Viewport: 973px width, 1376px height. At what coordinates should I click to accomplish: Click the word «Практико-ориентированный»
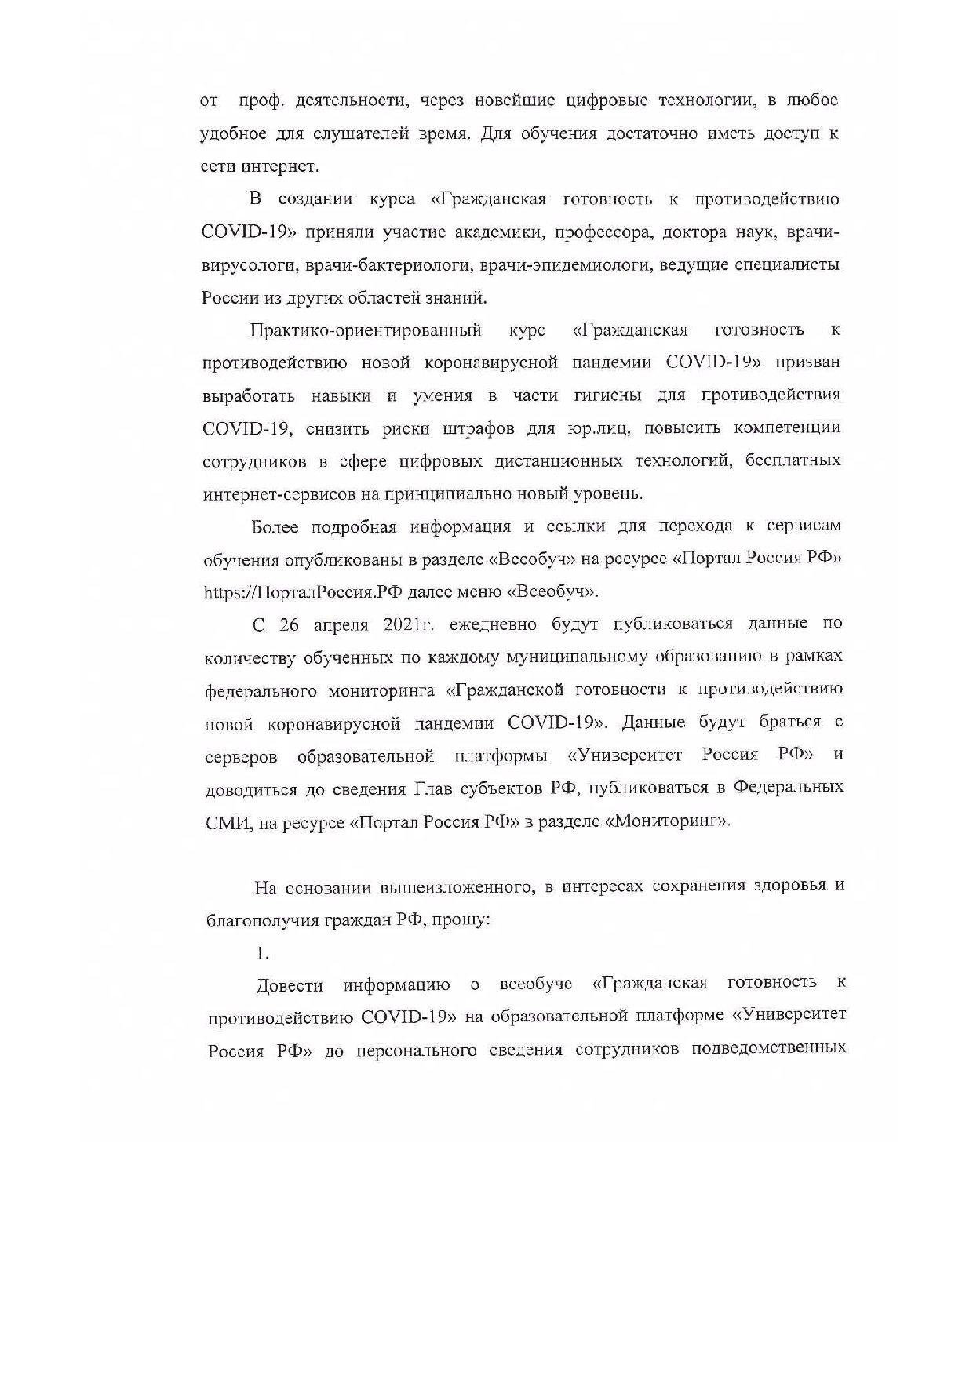coord(366,330)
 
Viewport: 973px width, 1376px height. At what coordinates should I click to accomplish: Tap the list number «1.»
coord(262,954)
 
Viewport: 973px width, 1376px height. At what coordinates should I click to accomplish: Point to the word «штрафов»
coord(479,429)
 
